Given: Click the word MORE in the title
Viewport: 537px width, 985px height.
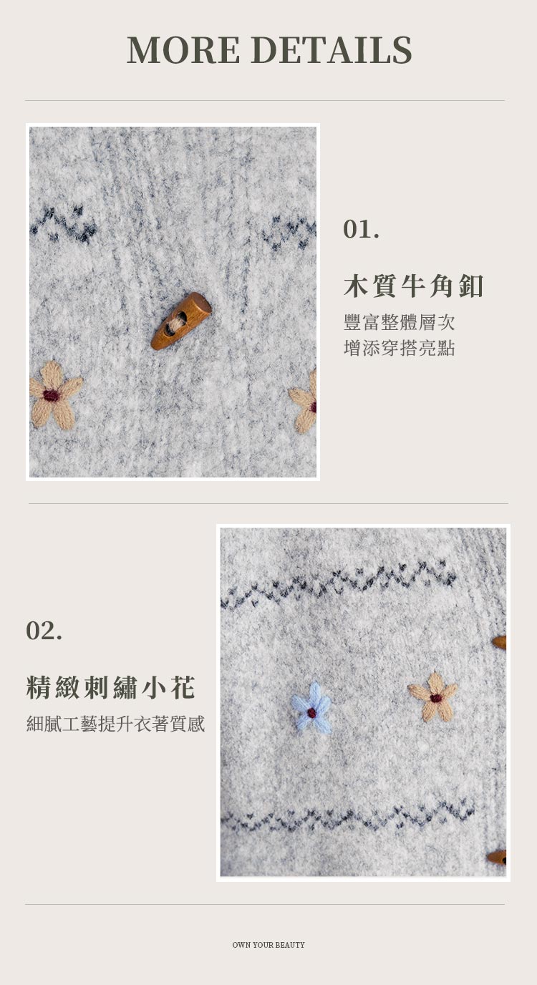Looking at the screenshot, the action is [183, 49].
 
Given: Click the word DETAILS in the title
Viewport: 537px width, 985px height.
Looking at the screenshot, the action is [332, 49].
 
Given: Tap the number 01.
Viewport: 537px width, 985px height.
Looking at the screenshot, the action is [361, 229].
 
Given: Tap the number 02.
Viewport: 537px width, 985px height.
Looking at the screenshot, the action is [44, 630].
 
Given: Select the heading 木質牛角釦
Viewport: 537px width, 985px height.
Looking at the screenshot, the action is [413, 286].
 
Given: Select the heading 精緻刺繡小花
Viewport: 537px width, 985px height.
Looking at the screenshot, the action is [110, 687].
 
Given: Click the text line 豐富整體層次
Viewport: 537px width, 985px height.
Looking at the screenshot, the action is [399, 322].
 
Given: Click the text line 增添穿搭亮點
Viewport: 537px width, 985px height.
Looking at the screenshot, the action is [399, 347].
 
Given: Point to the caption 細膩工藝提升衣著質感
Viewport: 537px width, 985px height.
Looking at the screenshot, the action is [116, 723].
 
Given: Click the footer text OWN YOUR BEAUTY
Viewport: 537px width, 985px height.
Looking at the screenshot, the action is [268, 944].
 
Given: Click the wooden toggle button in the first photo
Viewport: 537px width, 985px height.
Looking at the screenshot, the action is [180, 321].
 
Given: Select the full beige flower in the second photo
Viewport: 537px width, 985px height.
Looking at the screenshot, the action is [433, 697].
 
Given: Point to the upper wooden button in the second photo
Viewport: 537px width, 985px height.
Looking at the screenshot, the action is [499, 642].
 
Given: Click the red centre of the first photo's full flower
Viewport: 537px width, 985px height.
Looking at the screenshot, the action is [52, 395].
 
